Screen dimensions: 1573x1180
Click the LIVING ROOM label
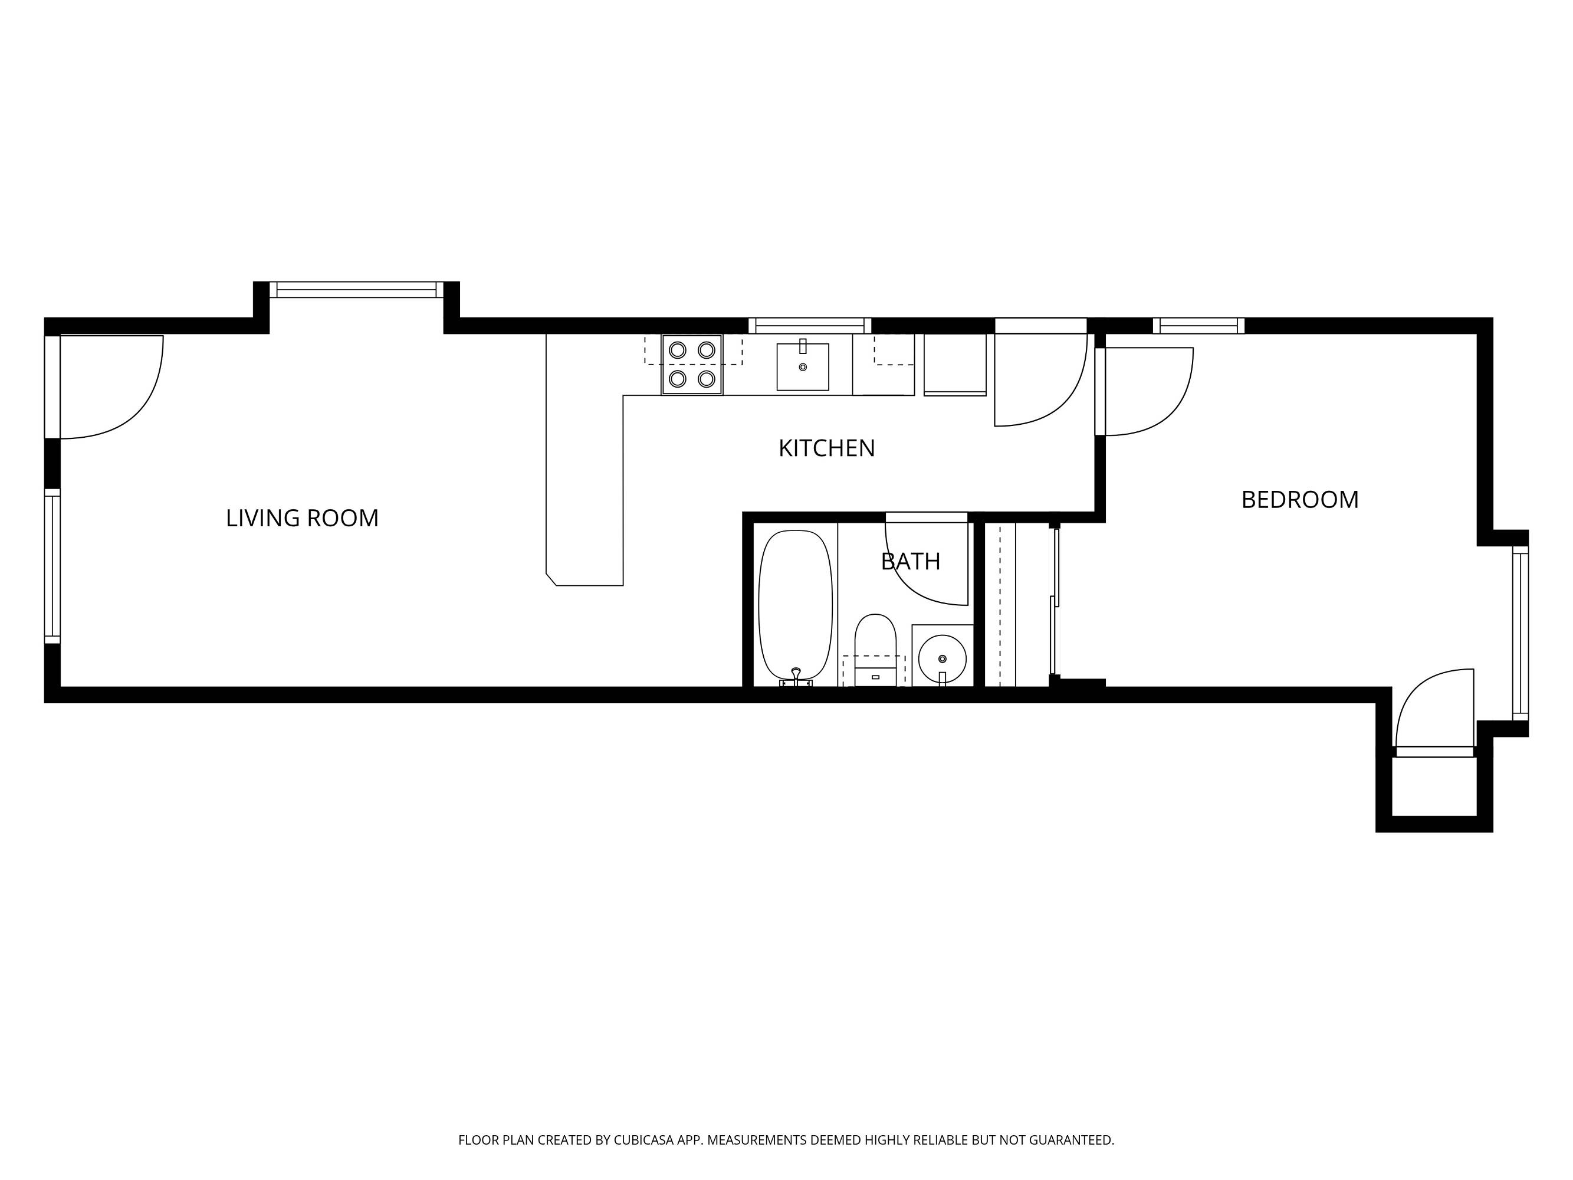click(302, 518)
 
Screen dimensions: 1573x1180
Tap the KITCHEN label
click(826, 448)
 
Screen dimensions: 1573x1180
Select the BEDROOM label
click(1300, 500)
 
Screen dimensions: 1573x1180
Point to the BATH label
click(910, 562)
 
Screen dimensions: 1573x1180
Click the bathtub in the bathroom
click(796, 605)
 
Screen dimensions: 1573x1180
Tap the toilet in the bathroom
click(875, 650)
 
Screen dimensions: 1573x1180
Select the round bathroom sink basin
click(943, 658)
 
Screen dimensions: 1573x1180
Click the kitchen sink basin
click(803, 367)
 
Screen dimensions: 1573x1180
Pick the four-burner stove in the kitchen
click(692, 365)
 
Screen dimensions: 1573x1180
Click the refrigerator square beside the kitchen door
click(955, 364)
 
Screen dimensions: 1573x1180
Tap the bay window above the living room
click(356, 290)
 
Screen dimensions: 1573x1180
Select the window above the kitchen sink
click(810, 326)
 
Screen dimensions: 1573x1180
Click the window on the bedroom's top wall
click(1199, 326)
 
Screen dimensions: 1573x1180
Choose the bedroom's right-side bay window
click(1521, 634)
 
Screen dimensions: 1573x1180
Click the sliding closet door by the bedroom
click(1055, 602)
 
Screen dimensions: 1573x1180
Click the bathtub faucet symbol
click(796, 676)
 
